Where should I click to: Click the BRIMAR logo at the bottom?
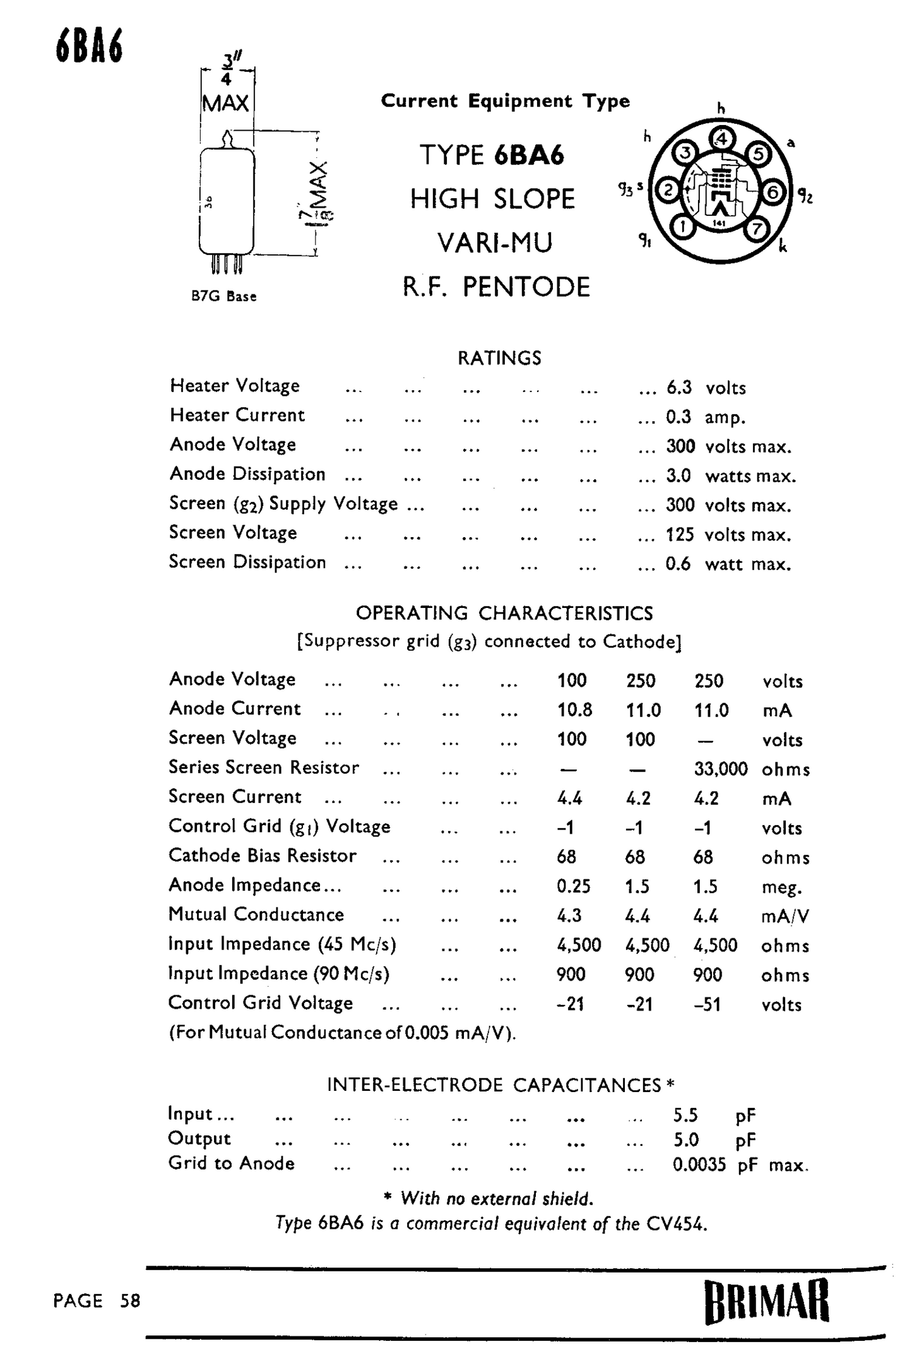(766, 1300)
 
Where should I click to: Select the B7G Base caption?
(224, 296)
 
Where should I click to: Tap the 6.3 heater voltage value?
(679, 387)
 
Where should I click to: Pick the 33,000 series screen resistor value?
(720, 769)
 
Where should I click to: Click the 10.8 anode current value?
(574, 710)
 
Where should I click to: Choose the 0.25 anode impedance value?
(573, 886)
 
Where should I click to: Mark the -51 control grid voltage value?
(706, 1004)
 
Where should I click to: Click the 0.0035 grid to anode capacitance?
(699, 1164)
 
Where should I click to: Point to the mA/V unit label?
(785, 916)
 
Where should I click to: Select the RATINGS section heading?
(499, 358)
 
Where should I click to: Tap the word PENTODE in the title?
(526, 287)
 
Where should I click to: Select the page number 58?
(130, 1300)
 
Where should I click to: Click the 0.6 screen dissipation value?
(678, 564)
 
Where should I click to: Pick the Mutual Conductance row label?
(256, 915)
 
